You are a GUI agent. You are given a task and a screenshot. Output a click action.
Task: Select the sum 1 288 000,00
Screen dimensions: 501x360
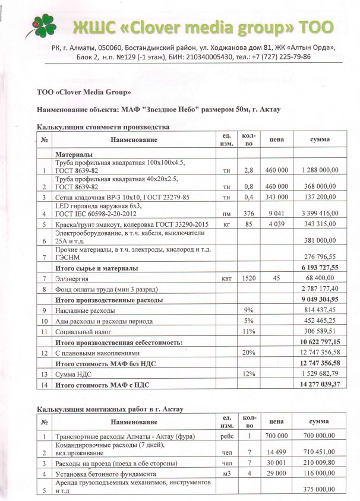318,170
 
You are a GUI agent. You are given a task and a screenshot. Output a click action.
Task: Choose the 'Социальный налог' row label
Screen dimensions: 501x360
82,331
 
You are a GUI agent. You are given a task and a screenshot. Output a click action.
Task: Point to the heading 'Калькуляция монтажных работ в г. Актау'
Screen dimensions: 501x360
110,409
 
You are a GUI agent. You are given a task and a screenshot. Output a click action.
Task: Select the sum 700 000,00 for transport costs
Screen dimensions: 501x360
318,436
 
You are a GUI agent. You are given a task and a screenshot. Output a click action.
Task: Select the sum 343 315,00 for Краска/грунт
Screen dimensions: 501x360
318,225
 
